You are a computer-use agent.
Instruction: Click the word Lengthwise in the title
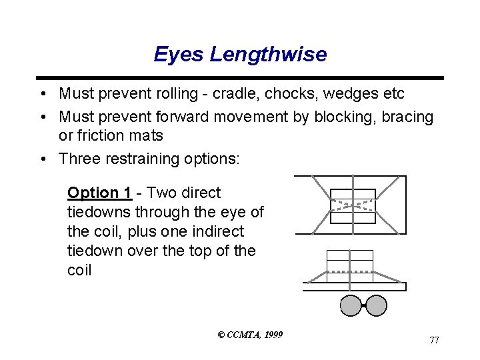tap(268, 55)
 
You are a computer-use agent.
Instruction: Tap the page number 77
tap(434, 340)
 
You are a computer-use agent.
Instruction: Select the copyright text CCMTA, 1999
tap(250, 334)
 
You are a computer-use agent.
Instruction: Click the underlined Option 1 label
tap(99, 193)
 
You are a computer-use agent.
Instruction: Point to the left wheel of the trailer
tap(351, 305)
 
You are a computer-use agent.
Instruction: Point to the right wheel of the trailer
tap(376, 305)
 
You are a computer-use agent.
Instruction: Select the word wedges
tap(345, 94)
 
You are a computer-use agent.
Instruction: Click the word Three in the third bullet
tap(79, 159)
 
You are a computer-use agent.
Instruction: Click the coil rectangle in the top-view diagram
tap(353, 206)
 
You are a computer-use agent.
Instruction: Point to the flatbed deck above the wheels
tap(355, 287)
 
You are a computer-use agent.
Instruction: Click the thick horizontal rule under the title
tap(240, 78)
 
